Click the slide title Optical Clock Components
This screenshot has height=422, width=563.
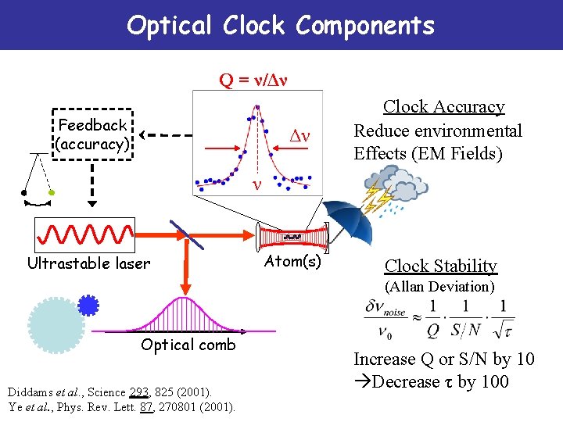[x=280, y=25]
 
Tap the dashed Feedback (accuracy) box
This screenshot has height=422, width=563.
[x=92, y=135]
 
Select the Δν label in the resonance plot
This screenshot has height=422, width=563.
[x=300, y=137]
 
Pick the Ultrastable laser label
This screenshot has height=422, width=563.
[x=88, y=263]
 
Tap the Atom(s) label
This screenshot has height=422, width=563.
[x=292, y=261]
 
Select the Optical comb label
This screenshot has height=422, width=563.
[x=188, y=345]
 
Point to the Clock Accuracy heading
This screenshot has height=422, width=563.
[x=443, y=107]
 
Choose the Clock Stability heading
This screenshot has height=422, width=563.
[x=440, y=266]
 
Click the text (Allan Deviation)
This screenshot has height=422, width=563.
[x=439, y=287]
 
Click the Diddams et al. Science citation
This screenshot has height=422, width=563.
[x=109, y=391]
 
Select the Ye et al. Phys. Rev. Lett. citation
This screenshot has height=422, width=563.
[x=120, y=406]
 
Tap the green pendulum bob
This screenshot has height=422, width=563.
[x=52, y=191]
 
